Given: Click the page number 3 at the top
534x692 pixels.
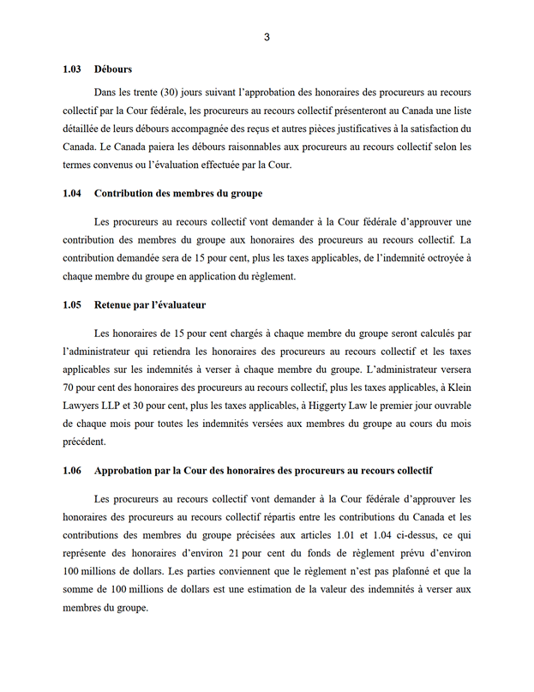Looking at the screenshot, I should pos(267,36).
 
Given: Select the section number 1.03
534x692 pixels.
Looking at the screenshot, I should pos(72,69).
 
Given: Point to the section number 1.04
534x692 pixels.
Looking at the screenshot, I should pos(72,194).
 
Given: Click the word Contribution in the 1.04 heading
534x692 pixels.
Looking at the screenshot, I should pos(126,194).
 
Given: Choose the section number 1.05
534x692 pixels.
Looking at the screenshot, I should pos(72,304).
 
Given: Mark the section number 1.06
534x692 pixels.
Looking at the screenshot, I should pos(72,471).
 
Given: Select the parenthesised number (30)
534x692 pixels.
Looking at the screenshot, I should pos(169,91).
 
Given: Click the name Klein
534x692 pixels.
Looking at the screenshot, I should pos(457,387).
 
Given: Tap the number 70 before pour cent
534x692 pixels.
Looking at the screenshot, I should pos(69,387).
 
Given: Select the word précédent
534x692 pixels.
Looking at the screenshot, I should pos(84,442).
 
